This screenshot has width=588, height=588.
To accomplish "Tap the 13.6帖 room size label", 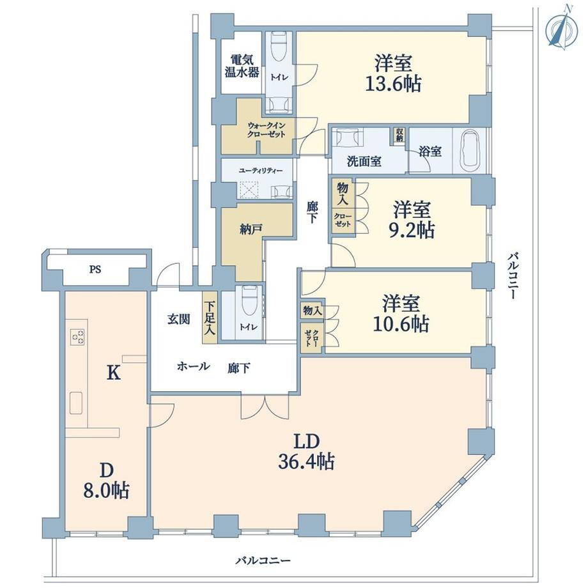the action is [393, 84].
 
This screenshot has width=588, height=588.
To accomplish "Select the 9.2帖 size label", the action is [412, 230].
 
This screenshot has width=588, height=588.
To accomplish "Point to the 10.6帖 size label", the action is [401, 323].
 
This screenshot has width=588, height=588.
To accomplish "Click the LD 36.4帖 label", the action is [306, 452].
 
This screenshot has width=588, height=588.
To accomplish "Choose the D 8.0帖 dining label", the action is [107, 481].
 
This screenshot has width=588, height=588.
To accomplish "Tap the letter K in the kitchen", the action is [114, 373].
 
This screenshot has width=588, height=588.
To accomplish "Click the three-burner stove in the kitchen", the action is [77, 336].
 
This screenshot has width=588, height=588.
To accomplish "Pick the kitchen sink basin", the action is [76, 403].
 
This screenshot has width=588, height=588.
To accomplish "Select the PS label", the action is [95, 270].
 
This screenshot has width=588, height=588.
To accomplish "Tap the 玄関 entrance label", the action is [179, 320].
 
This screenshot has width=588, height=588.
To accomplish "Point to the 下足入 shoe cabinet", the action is [210, 318].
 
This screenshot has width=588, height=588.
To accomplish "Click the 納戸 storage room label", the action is [251, 229].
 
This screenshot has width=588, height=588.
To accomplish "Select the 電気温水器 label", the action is [242, 66].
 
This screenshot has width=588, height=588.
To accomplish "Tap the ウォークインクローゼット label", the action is [266, 130].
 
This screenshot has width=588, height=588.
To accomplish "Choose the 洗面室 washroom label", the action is [364, 162].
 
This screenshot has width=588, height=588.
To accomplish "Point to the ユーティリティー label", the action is [261, 171].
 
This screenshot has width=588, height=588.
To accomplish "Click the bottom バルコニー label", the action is [263, 561].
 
